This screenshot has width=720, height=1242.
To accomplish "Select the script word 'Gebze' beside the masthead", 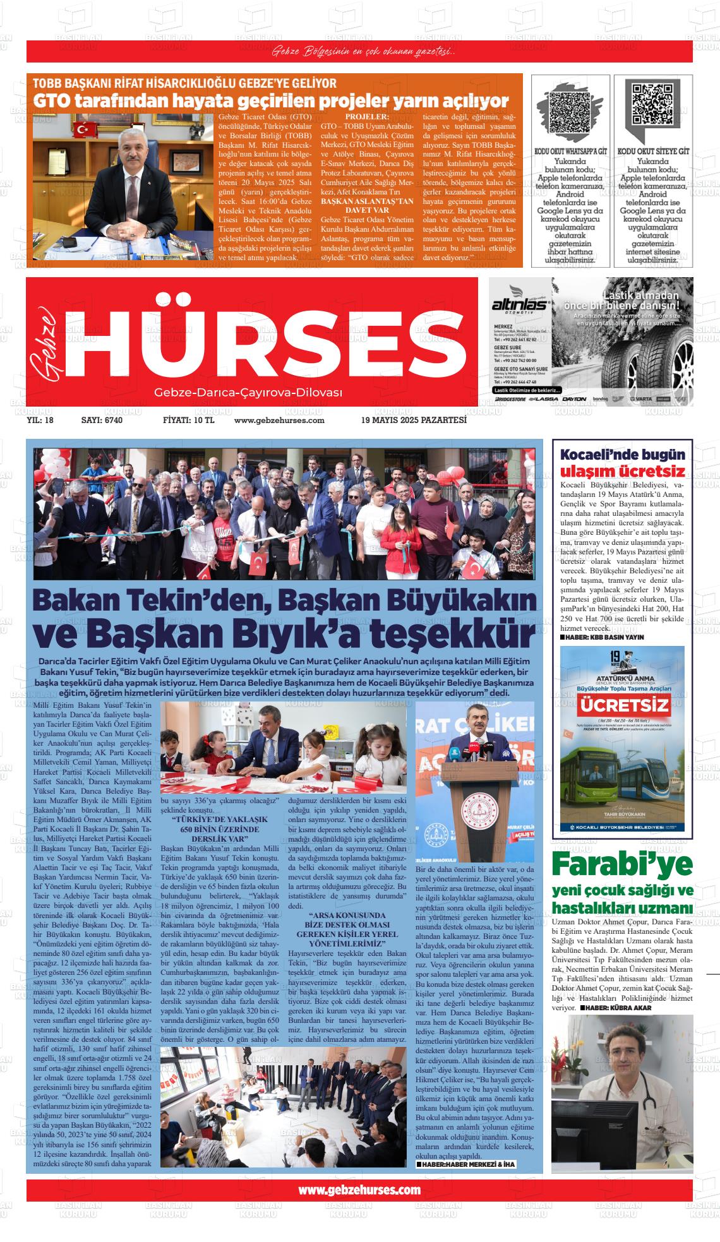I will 44,341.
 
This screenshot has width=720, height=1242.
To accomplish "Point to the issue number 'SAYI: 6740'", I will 102,420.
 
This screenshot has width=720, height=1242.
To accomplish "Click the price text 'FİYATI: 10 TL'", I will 189,420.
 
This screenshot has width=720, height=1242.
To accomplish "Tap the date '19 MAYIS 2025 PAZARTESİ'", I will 414,420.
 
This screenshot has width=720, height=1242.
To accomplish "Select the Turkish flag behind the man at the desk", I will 83,129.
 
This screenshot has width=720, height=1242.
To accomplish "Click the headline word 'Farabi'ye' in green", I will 622,863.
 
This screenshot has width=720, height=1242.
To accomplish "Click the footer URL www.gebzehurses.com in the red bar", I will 359,1190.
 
